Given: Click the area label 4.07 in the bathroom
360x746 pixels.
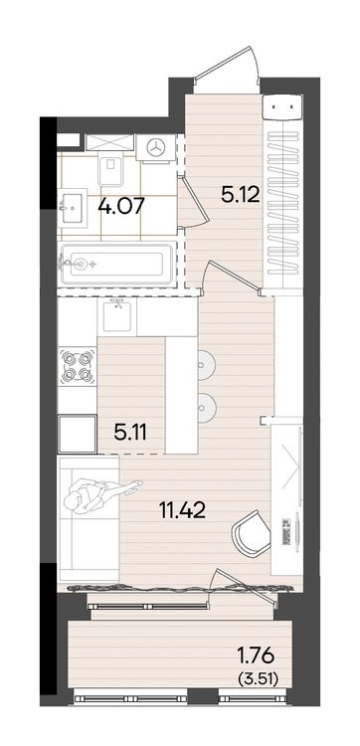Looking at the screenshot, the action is (x=121, y=207).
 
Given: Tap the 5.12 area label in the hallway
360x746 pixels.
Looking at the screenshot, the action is (x=241, y=194).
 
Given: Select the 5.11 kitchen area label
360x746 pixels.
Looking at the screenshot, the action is (x=130, y=432).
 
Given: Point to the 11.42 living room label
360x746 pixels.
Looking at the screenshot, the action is (x=183, y=511).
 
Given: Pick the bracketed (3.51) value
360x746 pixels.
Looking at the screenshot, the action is (x=258, y=678).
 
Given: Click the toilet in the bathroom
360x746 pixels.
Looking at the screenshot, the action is (x=110, y=170).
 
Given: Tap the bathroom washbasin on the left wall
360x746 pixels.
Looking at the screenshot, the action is (x=72, y=207).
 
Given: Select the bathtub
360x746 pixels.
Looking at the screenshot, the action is (x=116, y=264).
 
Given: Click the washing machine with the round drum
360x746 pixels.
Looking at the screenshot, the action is (x=154, y=147).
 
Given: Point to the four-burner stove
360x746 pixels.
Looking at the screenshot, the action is (x=77, y=366).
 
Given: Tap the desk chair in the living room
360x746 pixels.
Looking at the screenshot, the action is (x=252, y=534).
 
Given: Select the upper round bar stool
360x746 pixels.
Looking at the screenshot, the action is (x=207, y=364).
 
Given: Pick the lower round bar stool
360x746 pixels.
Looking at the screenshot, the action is (x=207, y=408).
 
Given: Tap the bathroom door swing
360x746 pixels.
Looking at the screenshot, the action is (x=194, y=202).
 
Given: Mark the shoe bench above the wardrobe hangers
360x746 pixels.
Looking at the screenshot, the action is (x=283, y=106).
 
